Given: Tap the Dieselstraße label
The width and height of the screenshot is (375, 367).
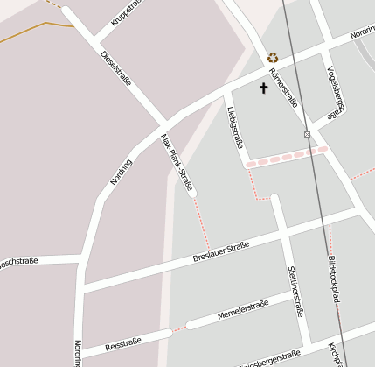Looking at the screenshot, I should point(115,68).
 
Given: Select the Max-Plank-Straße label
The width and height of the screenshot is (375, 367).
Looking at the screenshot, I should point(177,161).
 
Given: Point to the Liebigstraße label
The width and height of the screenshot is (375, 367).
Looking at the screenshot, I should point(233,126).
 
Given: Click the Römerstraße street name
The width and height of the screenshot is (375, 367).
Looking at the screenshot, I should point(283,88).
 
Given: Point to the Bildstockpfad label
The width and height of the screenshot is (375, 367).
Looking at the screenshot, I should point(333,279).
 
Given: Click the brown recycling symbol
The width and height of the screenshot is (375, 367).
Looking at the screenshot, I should point(273,57).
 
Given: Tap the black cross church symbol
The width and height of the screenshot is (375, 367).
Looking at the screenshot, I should point(263,88).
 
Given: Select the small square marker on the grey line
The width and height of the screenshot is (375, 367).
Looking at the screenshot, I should point(307,134).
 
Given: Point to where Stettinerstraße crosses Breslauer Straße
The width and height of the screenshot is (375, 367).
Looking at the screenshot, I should point(283,233).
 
